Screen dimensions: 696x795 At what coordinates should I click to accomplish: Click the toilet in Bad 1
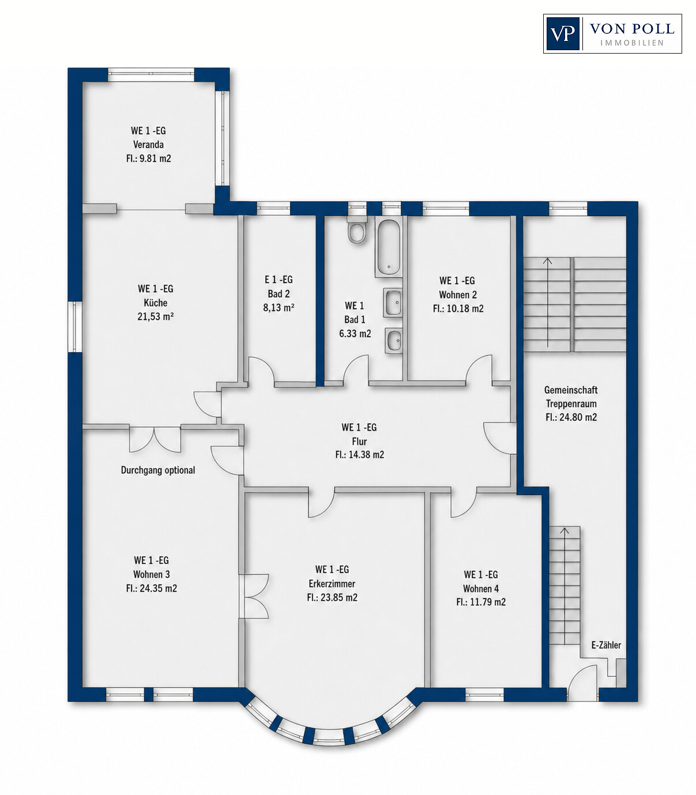tap(357, 232)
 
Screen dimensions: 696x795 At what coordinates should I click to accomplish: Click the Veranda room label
tap(148, 145)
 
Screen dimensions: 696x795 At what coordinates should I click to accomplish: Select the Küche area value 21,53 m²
tap(156, 317)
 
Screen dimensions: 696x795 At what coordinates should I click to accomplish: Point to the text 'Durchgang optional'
tap(158, 470)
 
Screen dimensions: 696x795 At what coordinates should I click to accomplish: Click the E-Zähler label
tap(606, 645)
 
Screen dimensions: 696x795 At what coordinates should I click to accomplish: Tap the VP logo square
tap(563, 34)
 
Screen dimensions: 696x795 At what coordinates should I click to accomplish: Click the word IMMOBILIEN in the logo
tap(632, 43)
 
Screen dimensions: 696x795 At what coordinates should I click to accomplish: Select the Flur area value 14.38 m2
tap(359, 455)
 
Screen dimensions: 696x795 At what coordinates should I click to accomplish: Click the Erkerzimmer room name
tap(332, 583)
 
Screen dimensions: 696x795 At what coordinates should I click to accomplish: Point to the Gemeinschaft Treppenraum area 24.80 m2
tap(571, 417)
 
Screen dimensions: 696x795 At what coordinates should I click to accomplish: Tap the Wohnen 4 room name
tap(481, 588)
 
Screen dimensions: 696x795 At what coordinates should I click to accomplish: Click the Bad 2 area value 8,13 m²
tap(279, 308)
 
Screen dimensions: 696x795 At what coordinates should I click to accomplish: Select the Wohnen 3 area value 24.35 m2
tap(151, 588)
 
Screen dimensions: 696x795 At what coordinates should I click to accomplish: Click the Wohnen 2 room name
tap(458, 295)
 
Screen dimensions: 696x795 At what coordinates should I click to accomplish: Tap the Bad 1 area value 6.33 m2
tap(355, 333)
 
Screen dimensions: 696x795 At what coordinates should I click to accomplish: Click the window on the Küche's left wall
tap(75, 326)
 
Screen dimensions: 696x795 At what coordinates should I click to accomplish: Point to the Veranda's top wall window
tap(151, 75)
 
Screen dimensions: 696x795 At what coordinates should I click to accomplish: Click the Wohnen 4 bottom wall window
tap(484, 695)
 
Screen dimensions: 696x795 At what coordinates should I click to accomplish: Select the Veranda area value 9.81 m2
tap(148, 159)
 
